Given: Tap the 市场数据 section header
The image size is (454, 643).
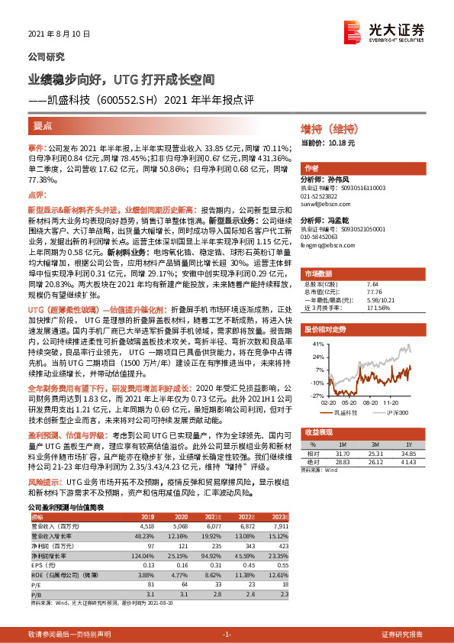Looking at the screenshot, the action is point(318,273).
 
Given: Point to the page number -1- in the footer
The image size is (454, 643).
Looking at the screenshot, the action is point(226,634).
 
